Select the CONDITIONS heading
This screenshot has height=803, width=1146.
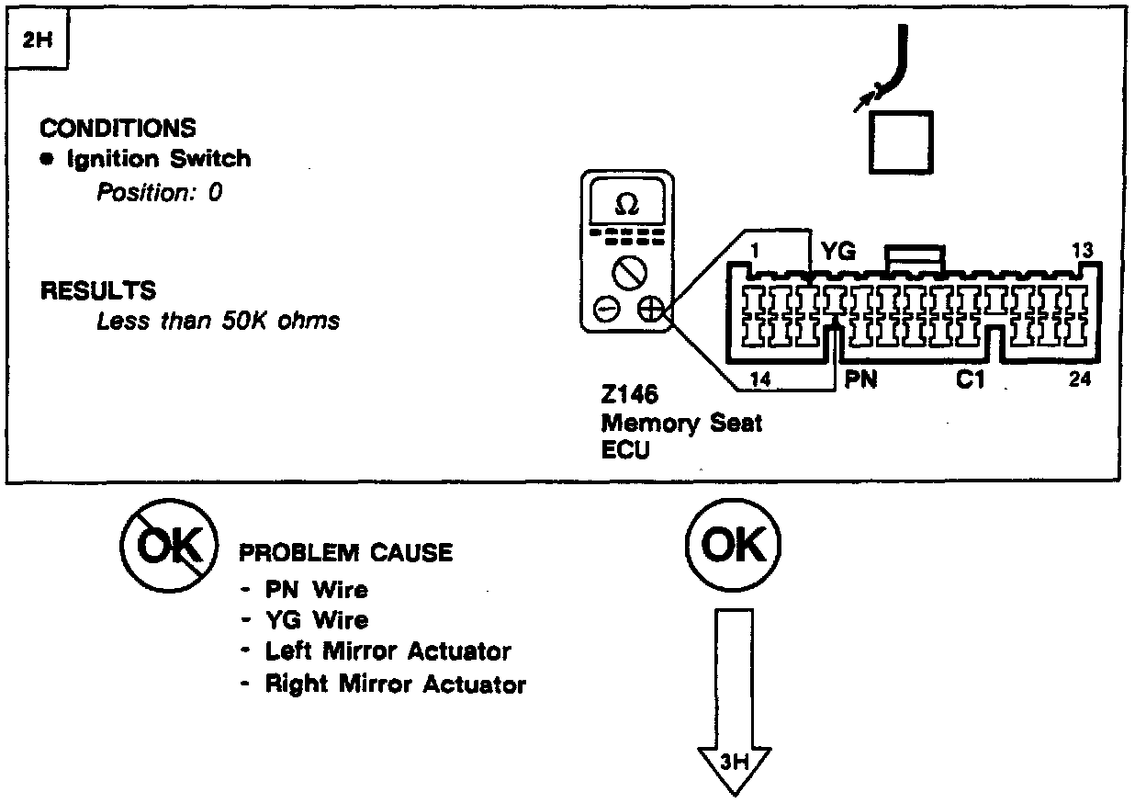tap(118, 129)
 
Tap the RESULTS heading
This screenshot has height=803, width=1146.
tap(98, 291)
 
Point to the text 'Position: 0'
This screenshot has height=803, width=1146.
tap(160, 193)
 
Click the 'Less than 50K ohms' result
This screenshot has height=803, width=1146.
tap(218, 321)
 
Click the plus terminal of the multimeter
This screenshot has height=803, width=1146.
tap(651, 310)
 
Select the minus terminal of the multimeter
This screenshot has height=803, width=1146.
tap(607, 310)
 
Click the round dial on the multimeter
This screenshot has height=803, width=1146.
tap(630, 271)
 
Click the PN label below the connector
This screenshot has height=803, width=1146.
tap(860, 379)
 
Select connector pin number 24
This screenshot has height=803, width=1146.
tap(1080, 379)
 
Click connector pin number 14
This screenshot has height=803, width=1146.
tap(760, 379)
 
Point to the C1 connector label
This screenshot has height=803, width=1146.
tap(970, 379)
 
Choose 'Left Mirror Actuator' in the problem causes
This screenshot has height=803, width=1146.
tap(387, 651)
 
